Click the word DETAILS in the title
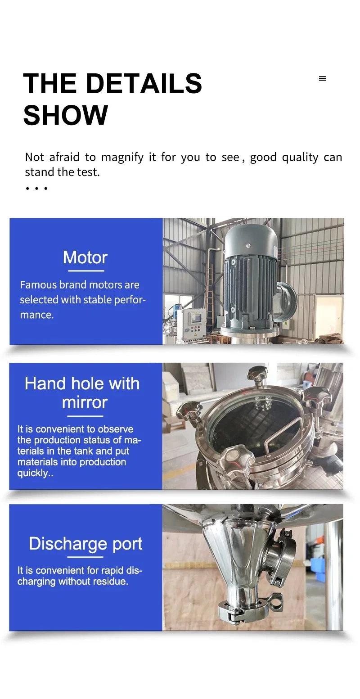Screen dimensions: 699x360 144,84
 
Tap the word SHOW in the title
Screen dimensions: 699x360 66,115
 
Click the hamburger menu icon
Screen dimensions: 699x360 322,79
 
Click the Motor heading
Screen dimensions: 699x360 85,257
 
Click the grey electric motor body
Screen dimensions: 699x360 250,279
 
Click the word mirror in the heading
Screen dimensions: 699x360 85,402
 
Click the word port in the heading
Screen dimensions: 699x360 127,544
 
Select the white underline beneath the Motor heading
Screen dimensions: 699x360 85,271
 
